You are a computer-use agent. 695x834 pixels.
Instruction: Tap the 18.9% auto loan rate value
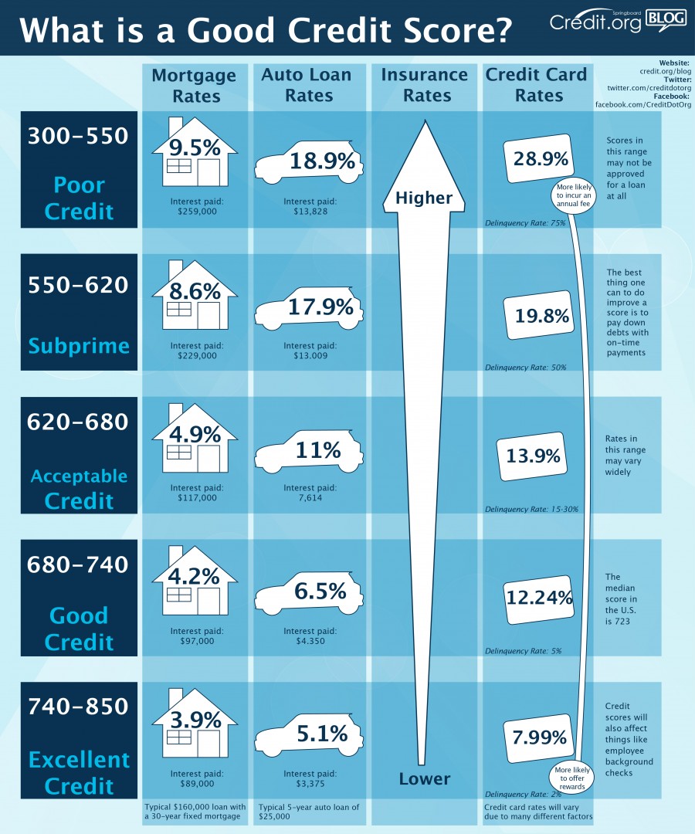[x=322, y=161]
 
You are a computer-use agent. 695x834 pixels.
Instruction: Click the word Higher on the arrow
[x=424, y=198]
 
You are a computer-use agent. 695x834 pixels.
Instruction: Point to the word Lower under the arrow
[x=424, y=778]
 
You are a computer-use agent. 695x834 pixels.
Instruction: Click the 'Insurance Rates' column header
[x=424, y=85]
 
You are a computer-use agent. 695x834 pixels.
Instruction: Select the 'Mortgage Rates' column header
[x=194, y=85]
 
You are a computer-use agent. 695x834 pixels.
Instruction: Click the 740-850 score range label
[x=79, y=707]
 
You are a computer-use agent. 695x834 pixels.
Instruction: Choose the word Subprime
[x=79, y=345]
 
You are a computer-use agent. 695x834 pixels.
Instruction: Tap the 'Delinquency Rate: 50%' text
[x=525, y=368]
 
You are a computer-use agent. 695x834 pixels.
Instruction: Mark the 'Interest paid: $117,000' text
[x=197, y=493]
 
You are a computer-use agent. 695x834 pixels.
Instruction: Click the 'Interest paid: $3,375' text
[x=310, y=778]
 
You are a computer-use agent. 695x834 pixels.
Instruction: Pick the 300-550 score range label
[x=79, y=136]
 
